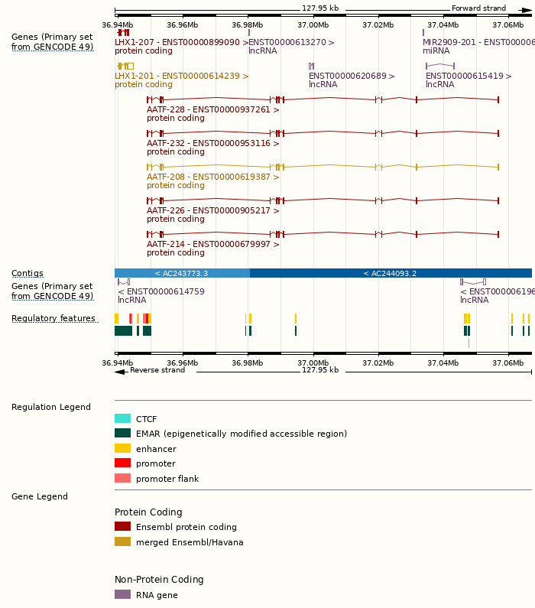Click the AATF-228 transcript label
(x=212, y=109)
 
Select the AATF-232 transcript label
(x=212, y=143)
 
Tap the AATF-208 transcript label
(x=212, y=177)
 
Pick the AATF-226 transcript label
(x=212, y=210)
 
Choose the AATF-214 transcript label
(x=212, y=244)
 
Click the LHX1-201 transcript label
(x=182, y=76)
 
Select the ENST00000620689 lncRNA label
(x=352, y=76)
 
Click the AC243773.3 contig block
(x=182, y=273)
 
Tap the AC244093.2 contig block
(x=391, y=273)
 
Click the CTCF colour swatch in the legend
(x=122, y=418)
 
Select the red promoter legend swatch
(x=122, y=463)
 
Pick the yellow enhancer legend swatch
(x=122, y=448)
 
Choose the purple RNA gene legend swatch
(x=122, y=594)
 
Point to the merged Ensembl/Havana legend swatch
(x=122, y=542)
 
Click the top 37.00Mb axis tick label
(x=313, y=24)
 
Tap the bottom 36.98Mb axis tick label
(x=247, y=363)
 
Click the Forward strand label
(x=478, y=8)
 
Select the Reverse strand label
(x=157, y=370)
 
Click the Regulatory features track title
(x=53, y=318)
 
